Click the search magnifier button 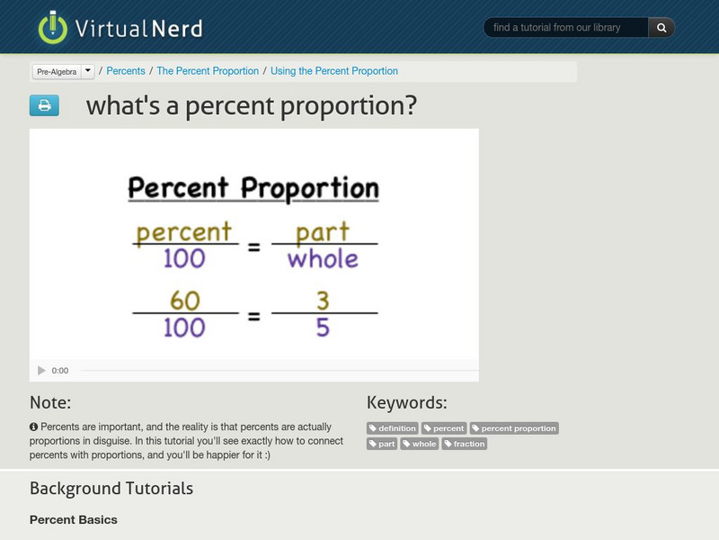(661, 28)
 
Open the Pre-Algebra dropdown (87, 71)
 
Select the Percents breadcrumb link (127, 71)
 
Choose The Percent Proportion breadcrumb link (208, 71)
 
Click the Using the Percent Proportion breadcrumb (334, 71)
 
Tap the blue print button (43, 106)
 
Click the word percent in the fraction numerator (183, 232)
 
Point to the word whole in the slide (323, 258)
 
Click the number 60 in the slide (184, 300)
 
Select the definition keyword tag (393, 428)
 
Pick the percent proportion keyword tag (515, 428)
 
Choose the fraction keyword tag (465, 444)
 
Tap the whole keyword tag (420, 444)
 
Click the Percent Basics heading (74, 519)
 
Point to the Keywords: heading (406, 403)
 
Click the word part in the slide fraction (323, 232)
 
